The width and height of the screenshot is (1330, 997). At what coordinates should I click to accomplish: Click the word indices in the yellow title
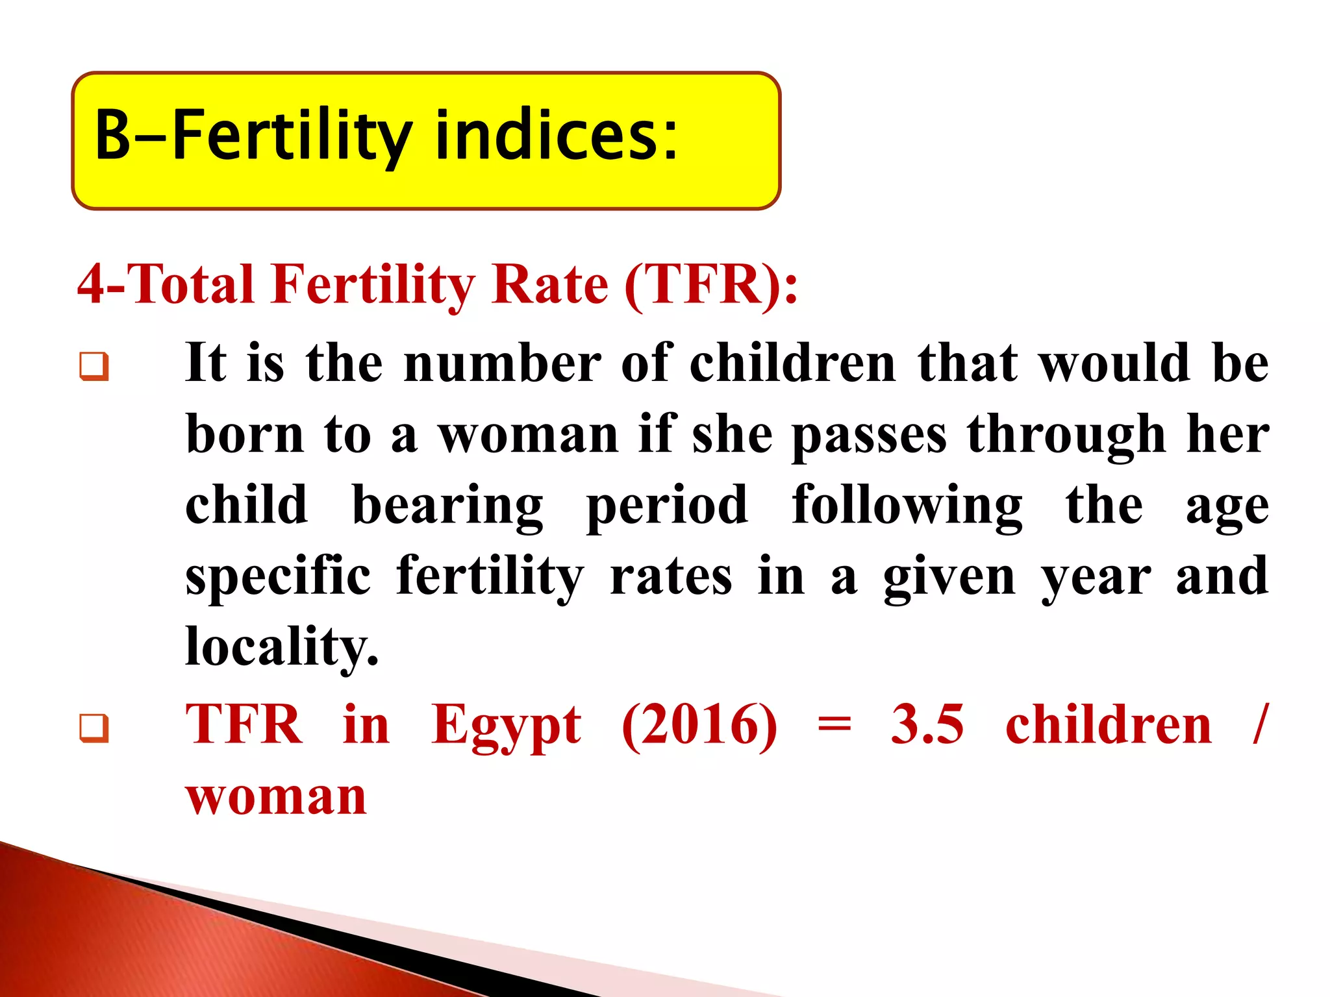click(x=556, y=135)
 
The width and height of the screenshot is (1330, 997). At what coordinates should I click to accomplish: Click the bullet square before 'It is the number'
click(x=94, y=366)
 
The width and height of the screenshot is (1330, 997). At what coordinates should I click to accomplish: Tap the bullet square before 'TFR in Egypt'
click(x=94, y=728)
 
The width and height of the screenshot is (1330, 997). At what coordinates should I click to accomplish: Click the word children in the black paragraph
click(x=792, y=363)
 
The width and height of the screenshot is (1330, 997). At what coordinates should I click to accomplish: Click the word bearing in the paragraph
click(x=447, y=507)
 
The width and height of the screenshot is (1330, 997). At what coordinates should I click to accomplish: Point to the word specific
click(x=278, y=577)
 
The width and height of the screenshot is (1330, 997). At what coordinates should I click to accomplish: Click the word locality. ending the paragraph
click(x=281, y=648)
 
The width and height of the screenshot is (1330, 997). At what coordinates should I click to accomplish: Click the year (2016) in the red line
click(x=699, y=725)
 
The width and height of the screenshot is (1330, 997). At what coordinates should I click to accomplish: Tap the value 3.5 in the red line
click(x=927, y=724)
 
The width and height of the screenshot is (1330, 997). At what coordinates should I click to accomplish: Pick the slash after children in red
click(x=1259, y=724)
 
